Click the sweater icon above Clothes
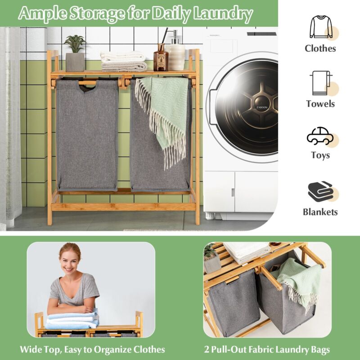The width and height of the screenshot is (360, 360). tap(321, 27)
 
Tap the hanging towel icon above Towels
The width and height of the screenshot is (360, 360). tap(321, 83)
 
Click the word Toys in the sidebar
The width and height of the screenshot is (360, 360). tap(320, 155)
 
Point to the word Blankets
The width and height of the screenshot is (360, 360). tap(320, 212)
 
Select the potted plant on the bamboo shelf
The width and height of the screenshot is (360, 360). tap(75, 53)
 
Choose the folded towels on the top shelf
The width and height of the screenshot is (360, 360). tap(123, 61)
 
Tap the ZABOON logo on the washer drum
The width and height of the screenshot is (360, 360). tap(262, 107)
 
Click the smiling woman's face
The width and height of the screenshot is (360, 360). tap(69, 261)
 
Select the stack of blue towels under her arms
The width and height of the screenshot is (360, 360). tap(72, 320)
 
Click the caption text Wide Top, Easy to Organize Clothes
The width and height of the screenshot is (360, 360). tap(92, 350)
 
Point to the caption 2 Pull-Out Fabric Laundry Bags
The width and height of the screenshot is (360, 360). tap(267, 350)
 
